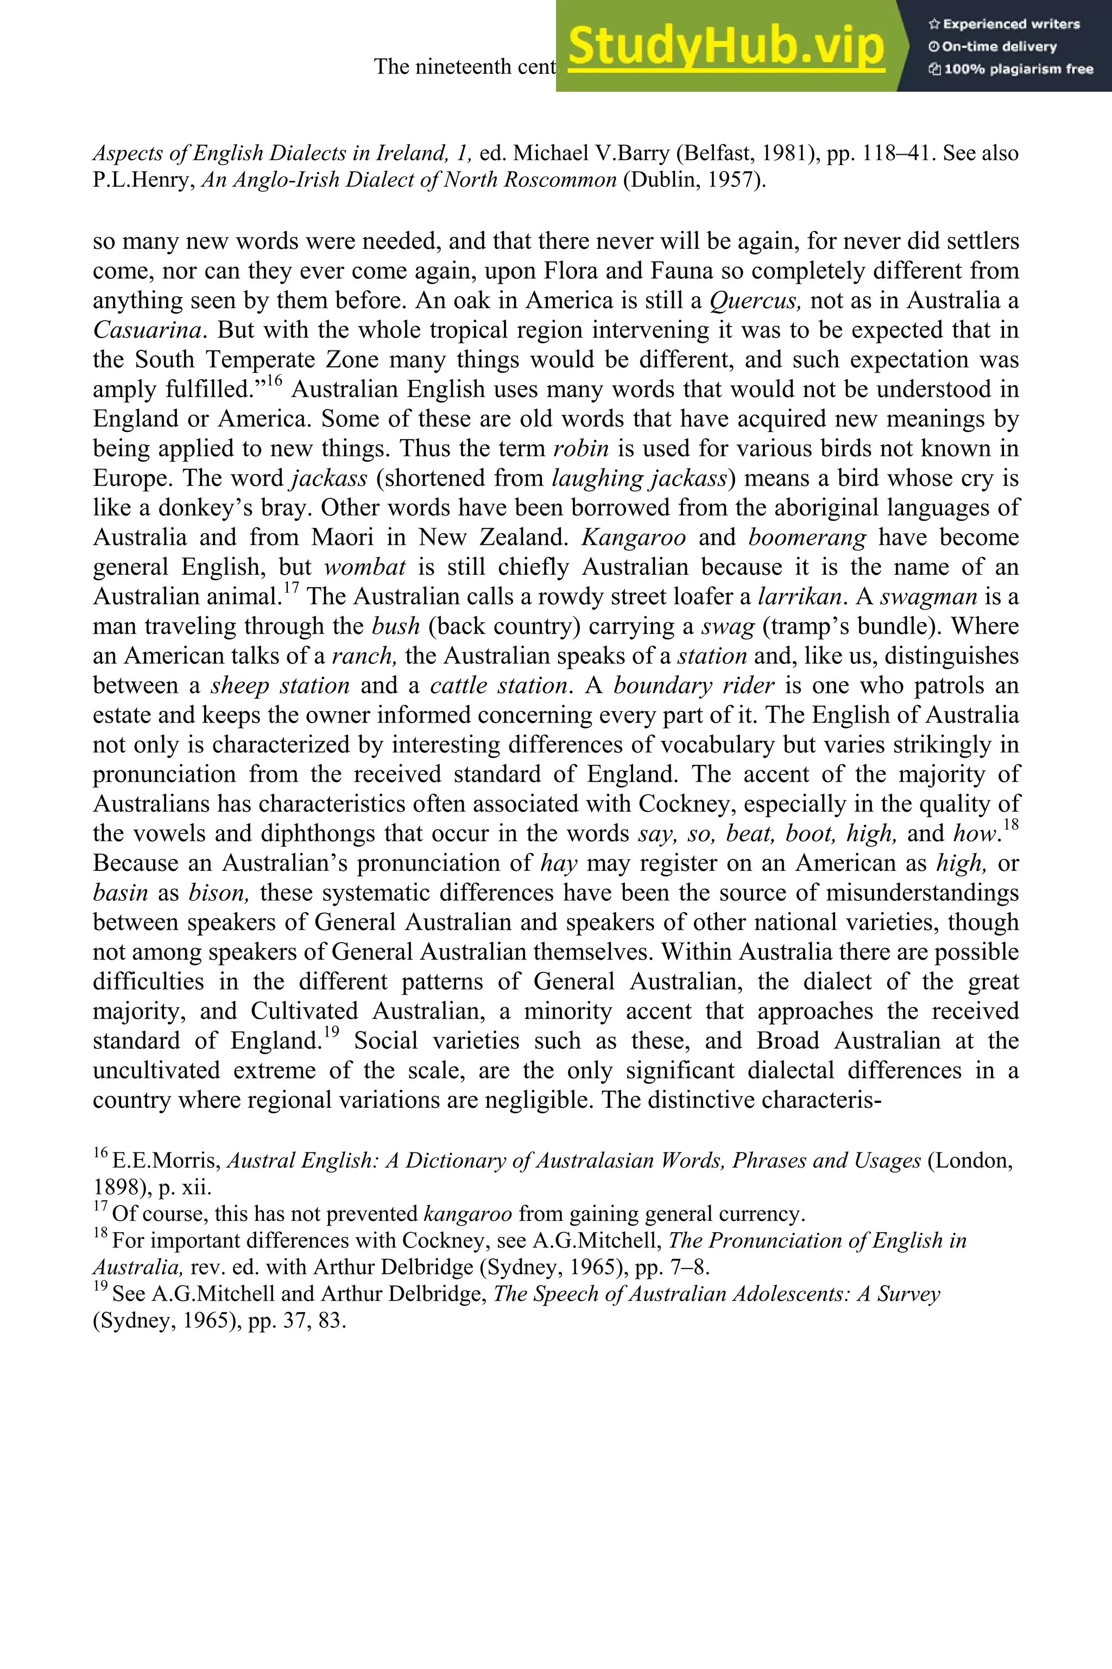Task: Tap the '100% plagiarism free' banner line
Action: click(x=1010, y=70)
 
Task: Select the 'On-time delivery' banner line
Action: click(x=993, y=47)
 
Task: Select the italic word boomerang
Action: click(x=807, y=537)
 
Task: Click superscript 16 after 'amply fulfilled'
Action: click(x=274, y=382)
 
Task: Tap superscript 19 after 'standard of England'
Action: click(x=331, y=1033)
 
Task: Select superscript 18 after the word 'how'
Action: click(x=1010, y=825)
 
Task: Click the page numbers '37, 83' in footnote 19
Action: click(x=318, y=1321)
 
